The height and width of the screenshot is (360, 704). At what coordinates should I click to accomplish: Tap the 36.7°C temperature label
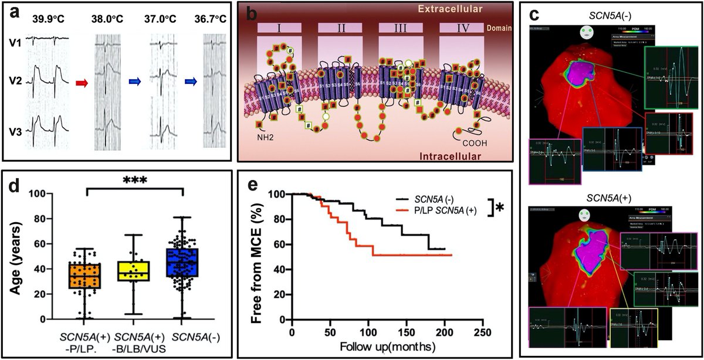point(214,18)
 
